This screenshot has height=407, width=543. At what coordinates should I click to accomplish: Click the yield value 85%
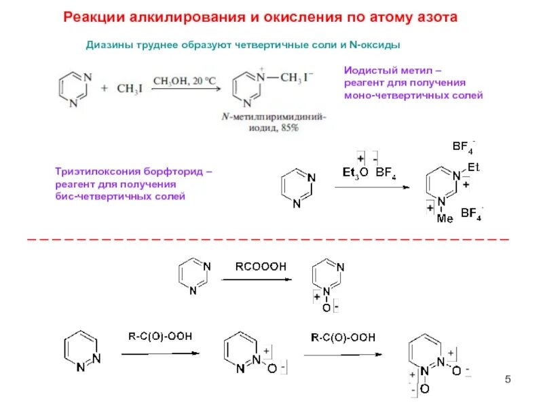click(x=286, y=128)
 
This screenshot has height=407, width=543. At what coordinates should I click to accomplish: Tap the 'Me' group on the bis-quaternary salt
click(x=445, y=218)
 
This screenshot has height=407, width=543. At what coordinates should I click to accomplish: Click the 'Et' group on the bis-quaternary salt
click(x=473, y=165)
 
